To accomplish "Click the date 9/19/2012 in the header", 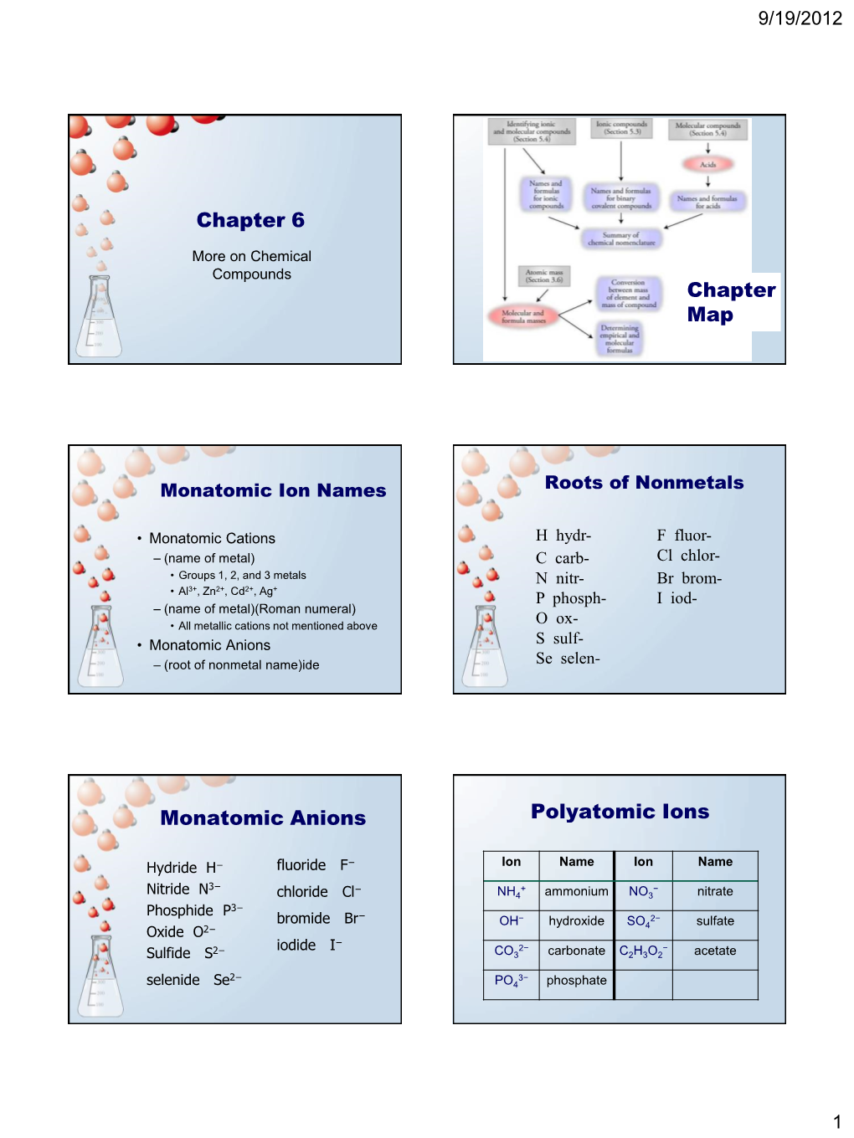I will pyautogui.click(x=800, y=18).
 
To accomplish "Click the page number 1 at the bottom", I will pyautogui.click(x=836, y=1122).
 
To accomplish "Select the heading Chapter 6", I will pyautogui.click(x=250, y=220).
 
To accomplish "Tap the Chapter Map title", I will pyautogui.click(x=731, y=301).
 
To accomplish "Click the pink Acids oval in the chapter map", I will pyautogui.click(x=708, y=164).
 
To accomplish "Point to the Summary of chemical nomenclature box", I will pyautogui.click(x=621, y=238).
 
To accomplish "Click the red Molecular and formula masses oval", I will pyautogui.click(x=523, y=316).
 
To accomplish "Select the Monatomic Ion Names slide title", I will pyautogui.click(x=273, y=490).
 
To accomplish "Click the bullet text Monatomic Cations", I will pyautogui.click(x=212, y=538).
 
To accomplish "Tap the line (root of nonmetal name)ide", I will pyautogui.click(x=241, y=665).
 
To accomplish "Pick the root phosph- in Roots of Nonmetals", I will pyautogui.click(x=579, y=598).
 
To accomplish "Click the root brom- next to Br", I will pyautogui.click(x=702, y=578).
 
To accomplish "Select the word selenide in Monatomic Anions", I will pyautogui.click(x=173, y=980).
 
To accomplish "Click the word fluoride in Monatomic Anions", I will pyautogui.click(x=301, y=865).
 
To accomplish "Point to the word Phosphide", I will pyautogui.click(x=180, y=910).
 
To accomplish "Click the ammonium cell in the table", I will pyautogui.click(x=576, y=892).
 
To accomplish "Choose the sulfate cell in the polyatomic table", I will pyautogui.click(x=715, y=921).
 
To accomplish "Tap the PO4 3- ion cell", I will pyautogui.click(x=511, y=981).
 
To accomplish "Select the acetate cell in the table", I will pyautogui.click(x=715, y=951).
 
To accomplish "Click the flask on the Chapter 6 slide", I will pyautogui.click(x=99, y=319).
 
